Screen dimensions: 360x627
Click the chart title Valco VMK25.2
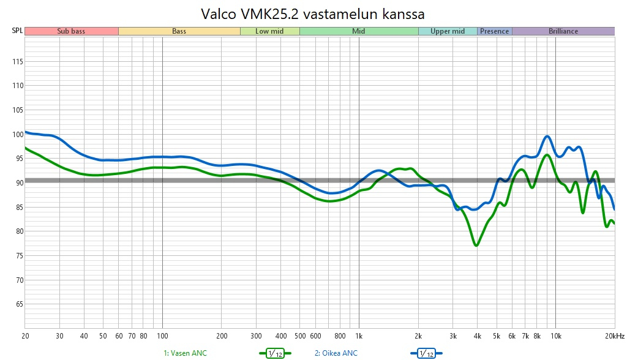(313, 13)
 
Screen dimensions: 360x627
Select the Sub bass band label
(71, 31)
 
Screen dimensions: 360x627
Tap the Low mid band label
(269, 31)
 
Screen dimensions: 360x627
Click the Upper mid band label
(448, 31)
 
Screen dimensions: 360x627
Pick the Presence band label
(494, 31)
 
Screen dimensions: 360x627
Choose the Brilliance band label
(563, 31)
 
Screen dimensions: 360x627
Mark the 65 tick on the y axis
(18, 304)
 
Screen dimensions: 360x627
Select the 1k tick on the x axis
(359, 336)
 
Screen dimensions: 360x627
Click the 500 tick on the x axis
(299, 336)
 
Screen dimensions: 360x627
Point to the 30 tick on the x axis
(59, 336)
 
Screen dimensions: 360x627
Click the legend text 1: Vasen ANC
(186, 353)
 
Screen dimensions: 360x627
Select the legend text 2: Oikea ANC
(336, 353)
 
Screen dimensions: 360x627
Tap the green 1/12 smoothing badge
(275, 353)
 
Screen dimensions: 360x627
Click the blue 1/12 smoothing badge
(426, 353)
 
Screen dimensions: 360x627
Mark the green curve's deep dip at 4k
(476, 245)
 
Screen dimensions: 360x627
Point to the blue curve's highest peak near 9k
(547, 136)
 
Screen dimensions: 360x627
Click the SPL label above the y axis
(17, 31)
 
